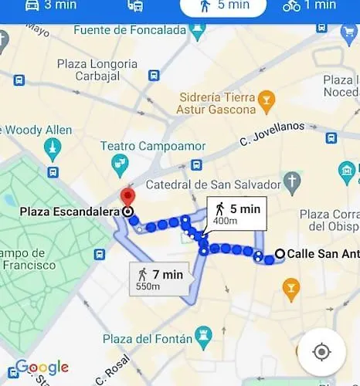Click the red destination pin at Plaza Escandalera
(126, 196)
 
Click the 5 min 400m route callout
(236, 214)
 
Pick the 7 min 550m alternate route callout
(160, 279)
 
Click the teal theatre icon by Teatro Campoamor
(121, 162)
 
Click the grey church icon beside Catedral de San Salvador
(292, 181)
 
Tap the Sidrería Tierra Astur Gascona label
(217, 104)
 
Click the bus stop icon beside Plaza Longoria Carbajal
(154, 76)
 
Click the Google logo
(42, 367)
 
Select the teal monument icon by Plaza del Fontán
(203, 335)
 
